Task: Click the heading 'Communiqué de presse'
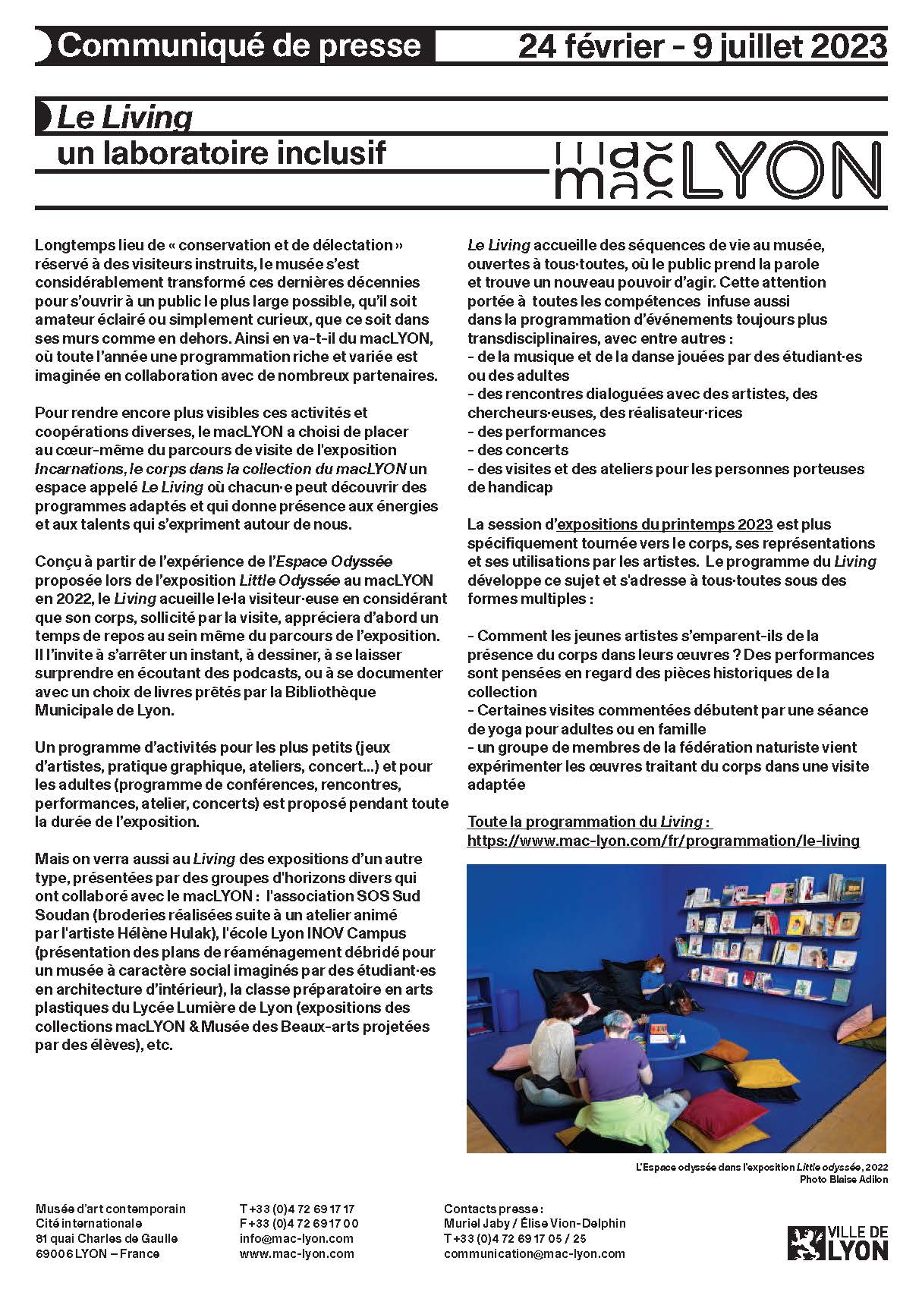click(x=239, y=46)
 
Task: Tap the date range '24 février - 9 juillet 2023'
click(x=702, y=47)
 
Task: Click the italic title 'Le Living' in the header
click(x=125, y=118)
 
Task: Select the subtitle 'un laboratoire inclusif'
click(x=222, y=153)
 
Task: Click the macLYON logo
click(x=718, y=171)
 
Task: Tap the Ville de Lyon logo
click(x=837, y=1243)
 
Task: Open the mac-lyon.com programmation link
click(x=663, y=841)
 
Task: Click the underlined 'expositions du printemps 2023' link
click(x=665, y=524)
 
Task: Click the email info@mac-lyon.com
click(x=297, y=1239)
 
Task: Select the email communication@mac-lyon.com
click(x=534, y=1254)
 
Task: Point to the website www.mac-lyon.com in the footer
click(x=297, y=1254)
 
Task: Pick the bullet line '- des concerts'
click(x=515, y=450)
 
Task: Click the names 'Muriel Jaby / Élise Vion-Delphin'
click(x=534, y=1224)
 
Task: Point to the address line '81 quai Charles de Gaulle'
click(x=107, y=1239)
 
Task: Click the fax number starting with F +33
click(x=299, y=1224)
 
